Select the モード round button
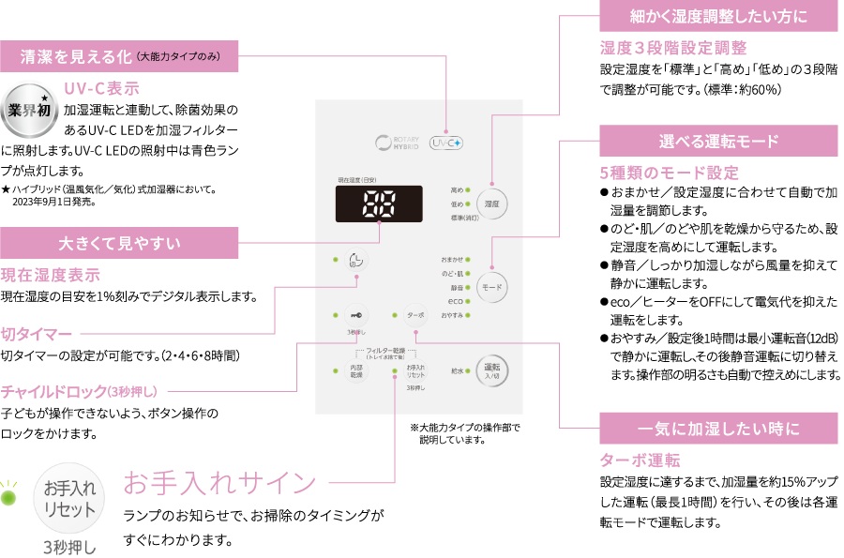tap(491, 287)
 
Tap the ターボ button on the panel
tap(415, 316)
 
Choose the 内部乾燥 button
tap(356, 370)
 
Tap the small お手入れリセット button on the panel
tap(415, 370)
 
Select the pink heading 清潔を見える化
tap(122, 56)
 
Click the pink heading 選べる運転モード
tap(719, 142)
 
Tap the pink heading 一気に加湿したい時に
tap(719, 429)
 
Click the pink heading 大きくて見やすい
tap(122, 242)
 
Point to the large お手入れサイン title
tap(220, 483)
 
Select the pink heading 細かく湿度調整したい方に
tap(719, 16)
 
